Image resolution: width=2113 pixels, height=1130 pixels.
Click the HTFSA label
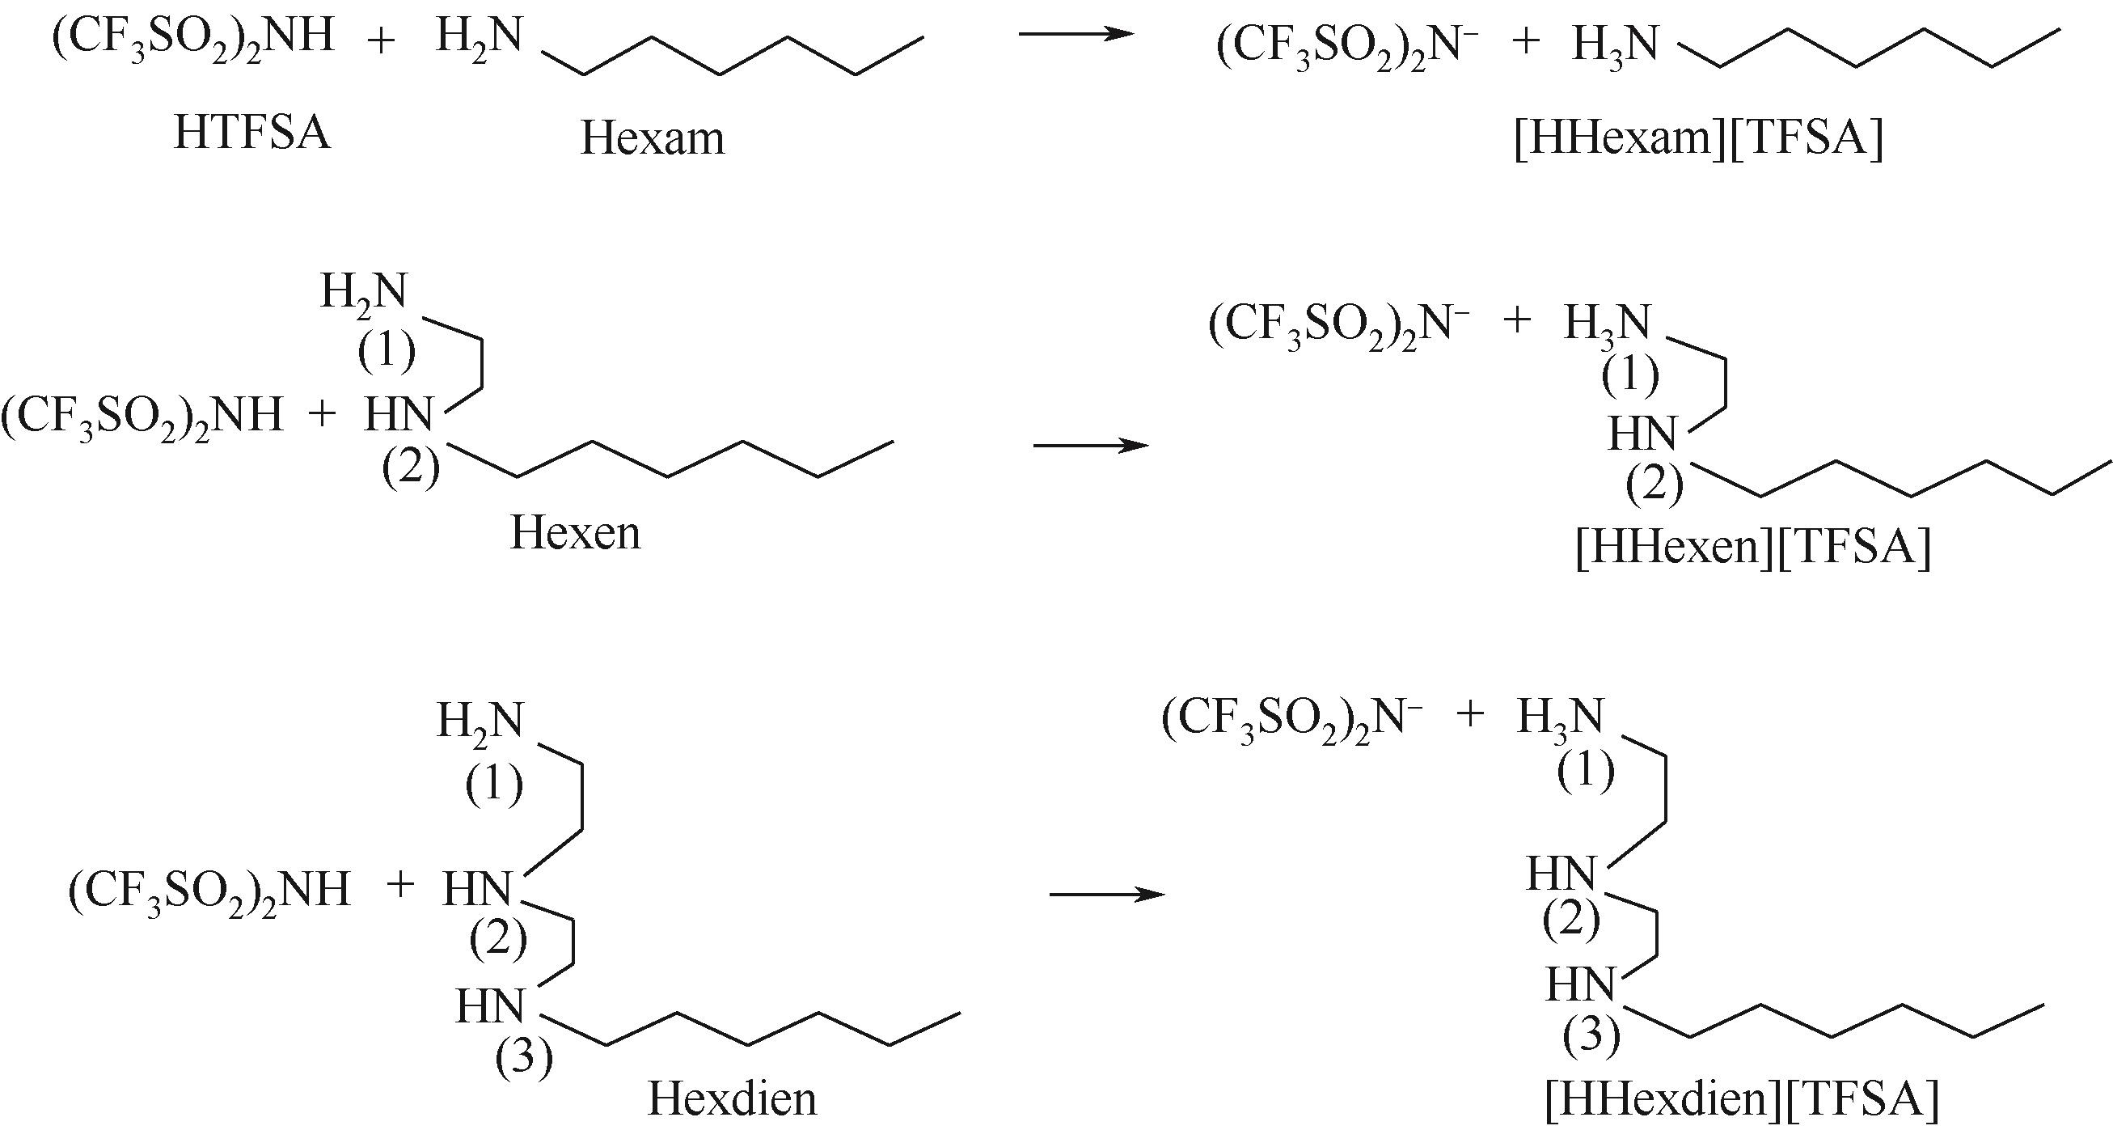tap(251, 133)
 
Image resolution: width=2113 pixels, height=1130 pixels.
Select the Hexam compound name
tap(653, 138)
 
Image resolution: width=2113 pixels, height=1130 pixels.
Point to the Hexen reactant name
tap(575, 532)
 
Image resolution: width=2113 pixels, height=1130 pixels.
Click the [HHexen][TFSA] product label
tap(1754, 547)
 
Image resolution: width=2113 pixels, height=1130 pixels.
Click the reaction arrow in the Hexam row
tap(1076, 34)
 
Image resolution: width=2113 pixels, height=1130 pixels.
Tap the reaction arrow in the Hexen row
tap(1091, 446)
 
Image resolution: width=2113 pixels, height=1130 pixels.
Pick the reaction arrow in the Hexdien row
tap(1107, 894)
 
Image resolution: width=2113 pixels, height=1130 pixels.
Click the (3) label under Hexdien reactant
tap(523, 1058)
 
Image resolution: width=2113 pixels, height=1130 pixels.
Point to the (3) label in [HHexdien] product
tap(1591, 1035)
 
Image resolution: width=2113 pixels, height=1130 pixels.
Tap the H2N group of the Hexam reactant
tap(479, 37)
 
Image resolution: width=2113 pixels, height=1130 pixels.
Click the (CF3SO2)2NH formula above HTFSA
tap(193, 37)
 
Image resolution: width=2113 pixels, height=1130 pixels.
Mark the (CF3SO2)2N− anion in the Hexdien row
tap(1292, 720)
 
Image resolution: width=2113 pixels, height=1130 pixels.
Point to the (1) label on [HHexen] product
tap(1631, 376)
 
